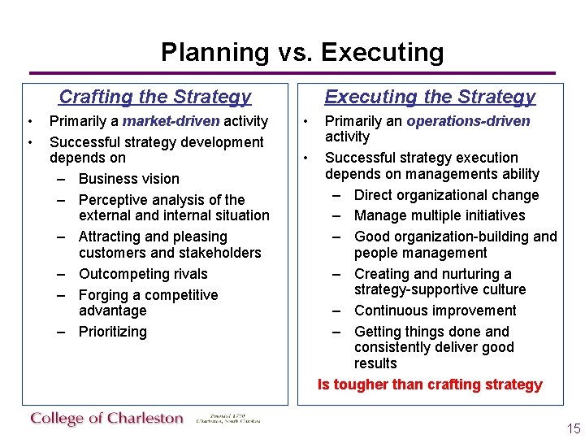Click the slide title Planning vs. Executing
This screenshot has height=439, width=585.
pos(302,53)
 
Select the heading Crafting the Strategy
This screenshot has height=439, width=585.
pos(155,98)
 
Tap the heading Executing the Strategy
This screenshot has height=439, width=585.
pos(430,98)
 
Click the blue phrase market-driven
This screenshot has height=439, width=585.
pos(170,122)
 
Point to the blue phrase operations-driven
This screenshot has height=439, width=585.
pos(468,122)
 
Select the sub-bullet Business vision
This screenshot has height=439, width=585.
pos(128,179)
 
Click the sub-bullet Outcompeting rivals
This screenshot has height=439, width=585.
pos(143,274)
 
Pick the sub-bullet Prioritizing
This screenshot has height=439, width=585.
pos(112,332)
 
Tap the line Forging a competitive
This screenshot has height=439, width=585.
pos(148,295)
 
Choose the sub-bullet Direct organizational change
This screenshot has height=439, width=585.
pos(446,195)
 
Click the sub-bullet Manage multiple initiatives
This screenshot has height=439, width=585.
pos(440,215)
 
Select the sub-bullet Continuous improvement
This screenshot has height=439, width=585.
pos(435,311)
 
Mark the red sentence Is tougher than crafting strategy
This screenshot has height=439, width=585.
pos(430,385)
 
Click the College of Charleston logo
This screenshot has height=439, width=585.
pos(107,419)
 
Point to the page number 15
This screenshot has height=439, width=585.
pos(574,429)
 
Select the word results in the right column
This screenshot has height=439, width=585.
pos(375,363)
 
